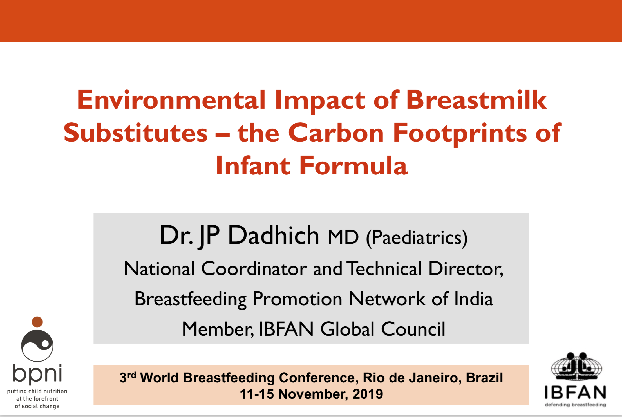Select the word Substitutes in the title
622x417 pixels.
[136, 133]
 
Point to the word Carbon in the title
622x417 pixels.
[336, 133]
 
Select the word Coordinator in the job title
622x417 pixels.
[254, 268]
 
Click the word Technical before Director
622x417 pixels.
[384, 268]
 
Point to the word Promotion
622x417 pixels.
[297, 299]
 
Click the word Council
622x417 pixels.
[413, 329]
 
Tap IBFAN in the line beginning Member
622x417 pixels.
[286, 329]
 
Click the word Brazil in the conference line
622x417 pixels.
[484, 378]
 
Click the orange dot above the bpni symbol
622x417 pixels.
[37, 322]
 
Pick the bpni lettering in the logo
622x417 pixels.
[37, 375]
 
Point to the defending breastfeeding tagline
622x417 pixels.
[575, 405]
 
